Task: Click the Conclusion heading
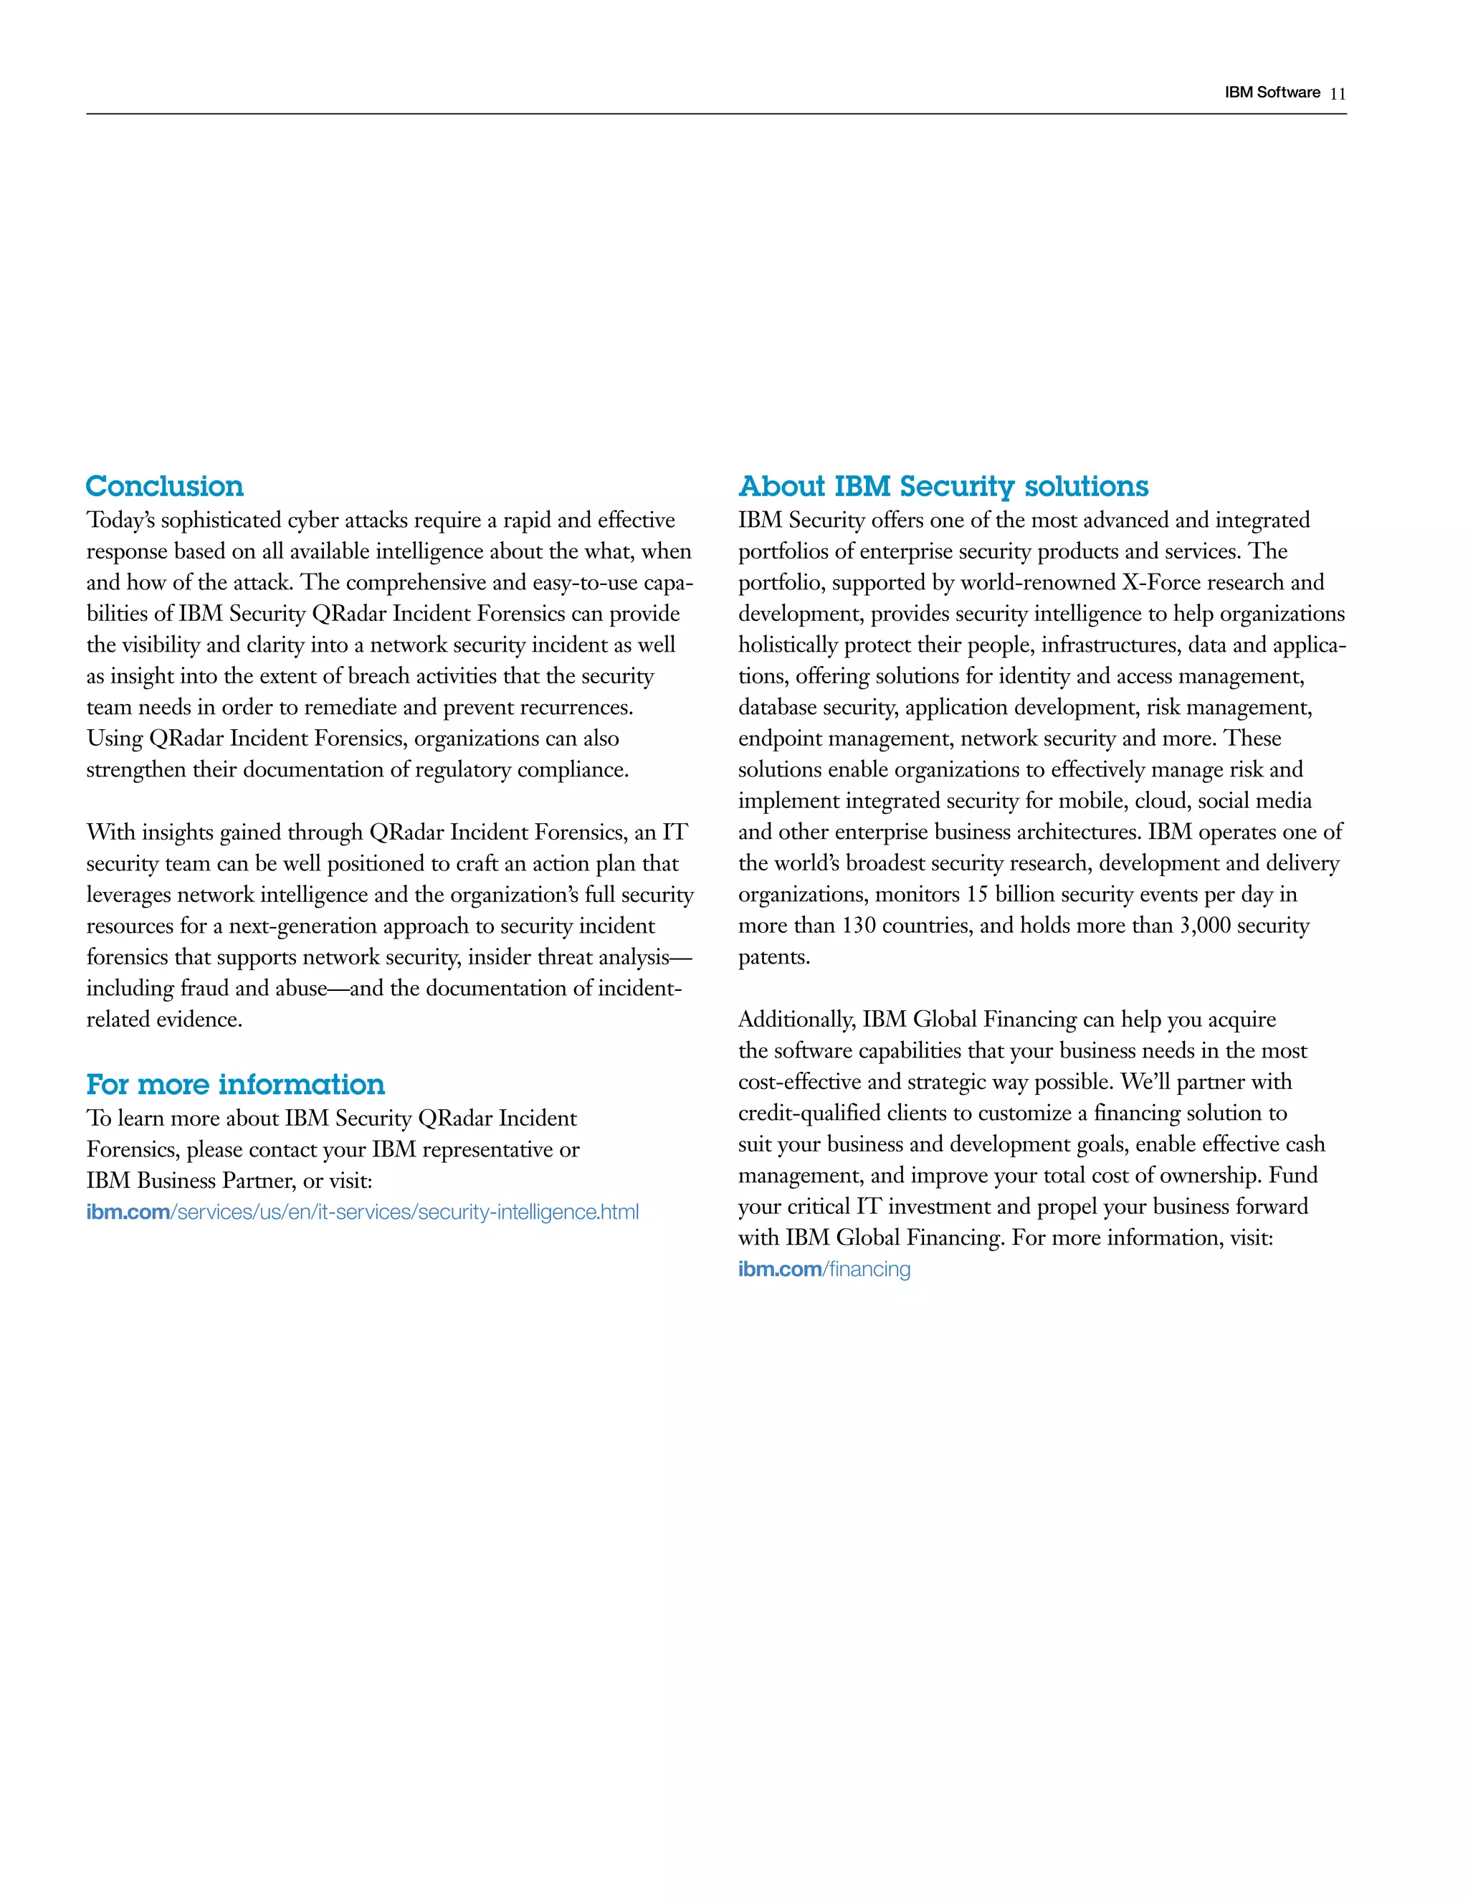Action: point(164,485)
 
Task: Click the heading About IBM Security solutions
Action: point(943,485)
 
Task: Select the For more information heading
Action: point(235,1084)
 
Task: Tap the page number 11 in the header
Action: point(1338,94)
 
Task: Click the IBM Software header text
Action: point(1272,93)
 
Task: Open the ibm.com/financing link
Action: point(824,1269)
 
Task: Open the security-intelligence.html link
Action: point(362,1212)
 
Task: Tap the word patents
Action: point(773,957)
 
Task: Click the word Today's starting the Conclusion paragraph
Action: point(120,521)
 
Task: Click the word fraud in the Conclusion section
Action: point(205,988)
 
